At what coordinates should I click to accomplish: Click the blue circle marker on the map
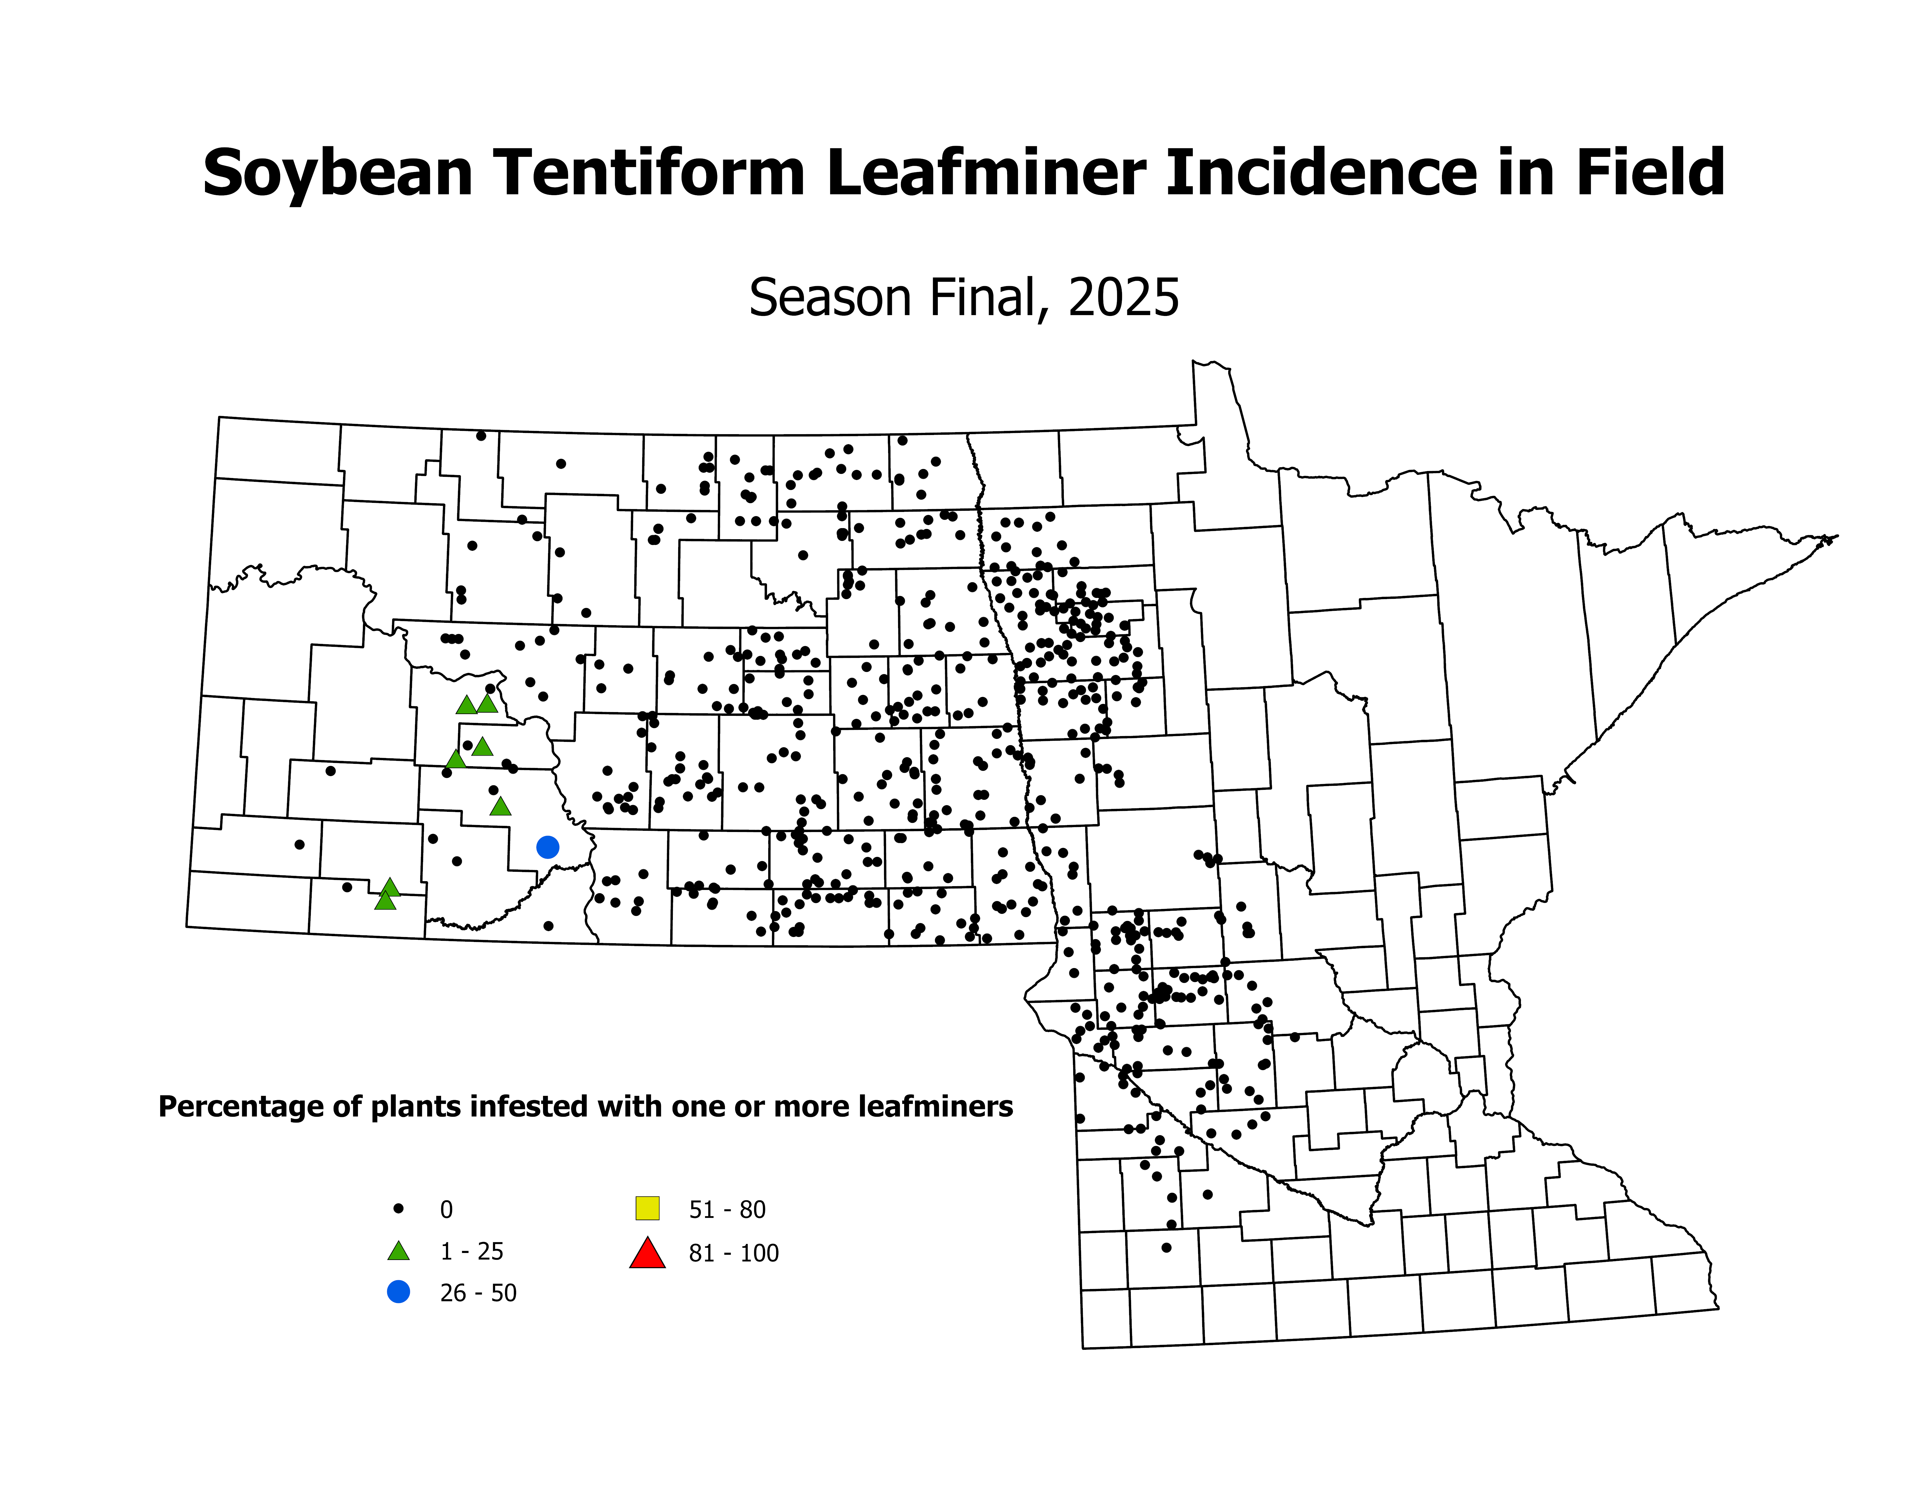pos(548,847)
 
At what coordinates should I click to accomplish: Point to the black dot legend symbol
pos(399,1208)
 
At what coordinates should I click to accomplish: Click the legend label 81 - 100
pos(733,1253)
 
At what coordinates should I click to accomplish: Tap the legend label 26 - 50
pos(478,1293)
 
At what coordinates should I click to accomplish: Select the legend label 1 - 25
pos(472,1252)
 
